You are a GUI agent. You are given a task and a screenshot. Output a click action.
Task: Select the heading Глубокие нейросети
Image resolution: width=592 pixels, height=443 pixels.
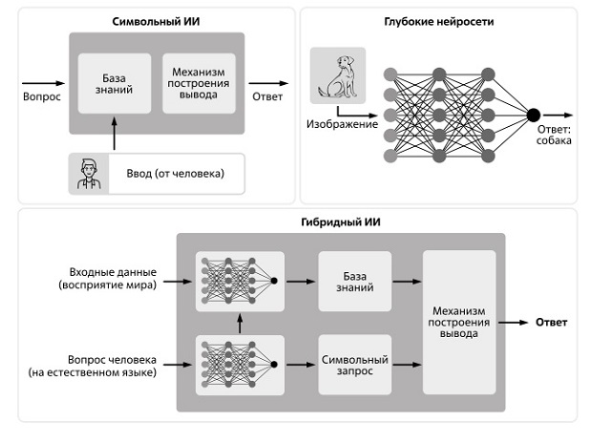(x=438, y=21)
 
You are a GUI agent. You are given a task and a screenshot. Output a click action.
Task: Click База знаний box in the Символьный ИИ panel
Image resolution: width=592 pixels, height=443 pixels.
(x=115, y=84)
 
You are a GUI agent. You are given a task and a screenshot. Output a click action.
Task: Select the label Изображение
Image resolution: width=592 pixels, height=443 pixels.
(x=342, y=124)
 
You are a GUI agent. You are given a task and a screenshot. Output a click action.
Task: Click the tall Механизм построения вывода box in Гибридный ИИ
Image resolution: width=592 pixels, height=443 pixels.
(x=458, y=322)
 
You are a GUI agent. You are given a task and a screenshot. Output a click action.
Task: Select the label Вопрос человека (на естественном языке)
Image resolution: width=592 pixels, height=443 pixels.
(x=108, y=367)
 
